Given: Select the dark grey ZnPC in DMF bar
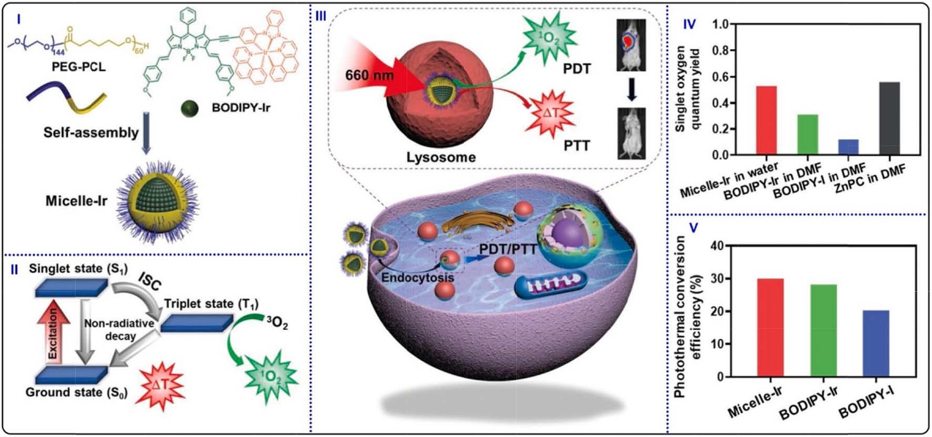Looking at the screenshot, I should [x=889, y=118].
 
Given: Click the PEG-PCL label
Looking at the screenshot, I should [x=78, y=67].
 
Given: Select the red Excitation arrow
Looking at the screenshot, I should [x=52, y=331].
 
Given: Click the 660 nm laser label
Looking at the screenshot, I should [x=369, y=75].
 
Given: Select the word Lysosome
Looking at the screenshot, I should [x=441, y=157].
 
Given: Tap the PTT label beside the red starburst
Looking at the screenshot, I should [x=577, y=145].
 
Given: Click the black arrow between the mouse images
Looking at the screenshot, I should [x=631, y=89].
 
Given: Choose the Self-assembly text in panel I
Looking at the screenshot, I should [x=91, y=132].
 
